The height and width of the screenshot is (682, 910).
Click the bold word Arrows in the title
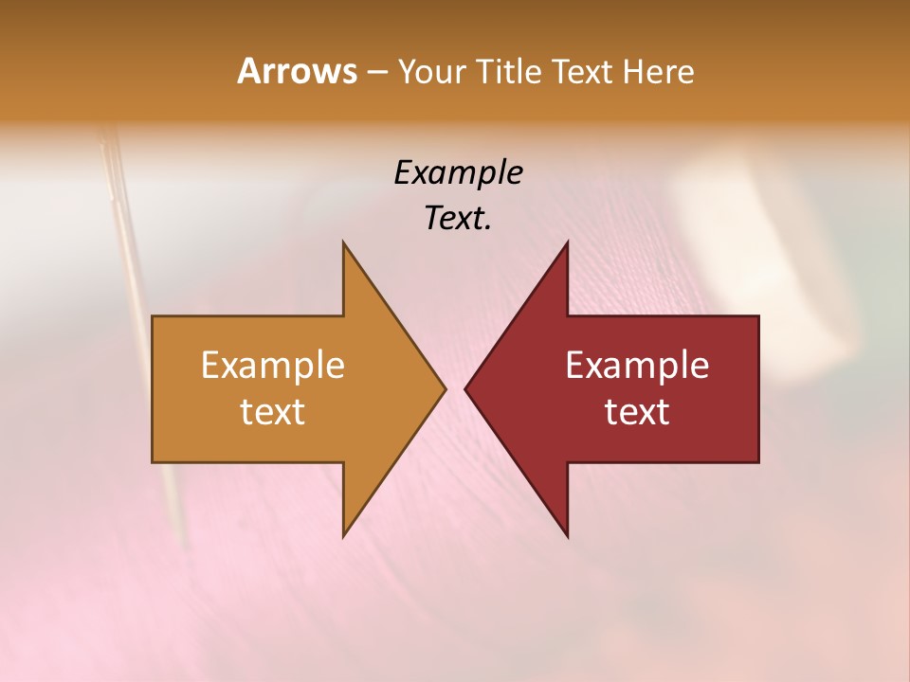pyautogui.click(x=297, y=71)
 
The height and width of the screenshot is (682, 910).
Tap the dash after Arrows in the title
pyautogui.click(x=376, y=72)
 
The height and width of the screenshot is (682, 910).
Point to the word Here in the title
pyautogui.click(x=658, y=72)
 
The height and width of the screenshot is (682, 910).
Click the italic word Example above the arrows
pyautogui.click(x=458, y=172)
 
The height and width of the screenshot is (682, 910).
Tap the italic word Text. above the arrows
pyautogui.click(x=458, y=218)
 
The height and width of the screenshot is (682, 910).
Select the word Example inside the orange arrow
pyautogui.click(x=272, y=365)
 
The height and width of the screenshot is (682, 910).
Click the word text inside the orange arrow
pyautogui.click(x=272, y=411)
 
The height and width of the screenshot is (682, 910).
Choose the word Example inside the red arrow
pyautogui.click(x=637, y=365)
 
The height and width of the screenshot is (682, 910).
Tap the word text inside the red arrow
pyautogui.click(x=637, y=411)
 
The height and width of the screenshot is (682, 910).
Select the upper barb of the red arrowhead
pyautogui.click(x=565, y=248)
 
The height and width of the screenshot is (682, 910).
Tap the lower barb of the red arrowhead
pyautogui.click(x=565, y=529)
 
